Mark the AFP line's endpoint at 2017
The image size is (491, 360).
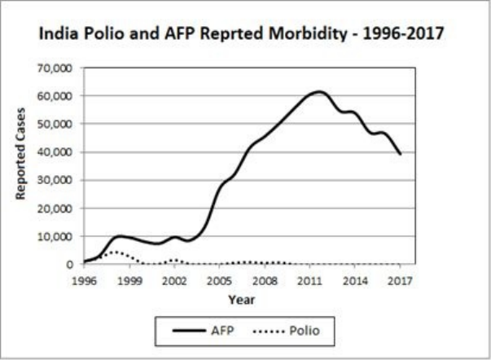(400, 154)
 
